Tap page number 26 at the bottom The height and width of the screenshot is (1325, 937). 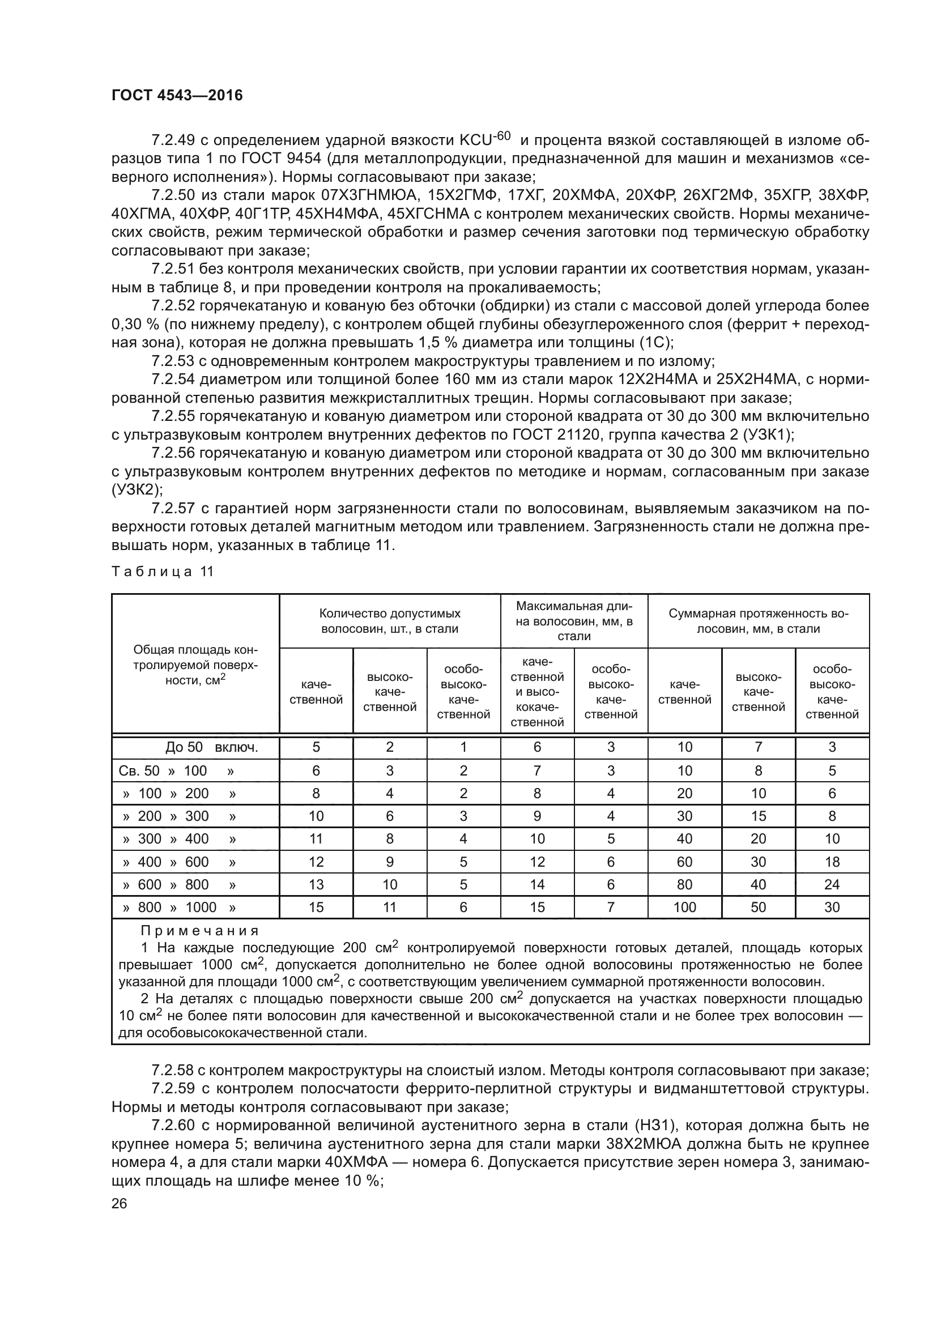[x=119, y=1203]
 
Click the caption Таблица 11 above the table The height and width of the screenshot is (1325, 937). [x=162, y=572]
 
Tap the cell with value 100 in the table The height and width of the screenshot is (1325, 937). [x=684, y=907]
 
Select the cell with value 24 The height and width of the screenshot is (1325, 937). [x=832, y=884]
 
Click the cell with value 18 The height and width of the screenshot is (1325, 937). [x=832, y=862]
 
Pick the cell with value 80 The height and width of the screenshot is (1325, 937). [x=684, y=884]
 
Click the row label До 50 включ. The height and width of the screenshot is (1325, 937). [x=211, y=747]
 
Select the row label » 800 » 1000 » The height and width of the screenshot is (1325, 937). [x=180, y=907]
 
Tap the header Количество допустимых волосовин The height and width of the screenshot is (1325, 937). [x=389, y=621]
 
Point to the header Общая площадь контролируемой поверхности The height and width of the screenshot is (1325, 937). [x=195, y=665]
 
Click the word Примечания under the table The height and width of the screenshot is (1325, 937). [x=199, y=931]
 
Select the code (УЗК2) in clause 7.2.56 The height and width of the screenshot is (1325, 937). [x=137, y=490]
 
